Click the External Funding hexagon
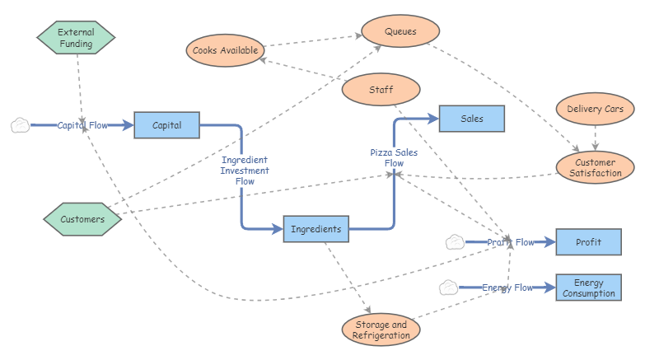[76, 38]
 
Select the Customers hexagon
[82, 219]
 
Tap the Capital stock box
[166, 125]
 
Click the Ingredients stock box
[316, 229]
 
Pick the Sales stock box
[472, 119]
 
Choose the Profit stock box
[588, 242]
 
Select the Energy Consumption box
[588, 288]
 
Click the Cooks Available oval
[225, 50]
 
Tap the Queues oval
[400, 32]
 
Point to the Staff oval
[381, 89]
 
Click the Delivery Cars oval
[595, 108]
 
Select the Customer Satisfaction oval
[595, 167]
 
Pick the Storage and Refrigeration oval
[381, 330]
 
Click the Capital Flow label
[82, 125]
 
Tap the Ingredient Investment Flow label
[245, 170]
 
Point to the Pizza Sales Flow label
[394, 157]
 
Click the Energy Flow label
[507, 288]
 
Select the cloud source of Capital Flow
[20, 125]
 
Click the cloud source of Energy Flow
[448, 288]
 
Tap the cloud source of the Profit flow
[454, 242]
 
